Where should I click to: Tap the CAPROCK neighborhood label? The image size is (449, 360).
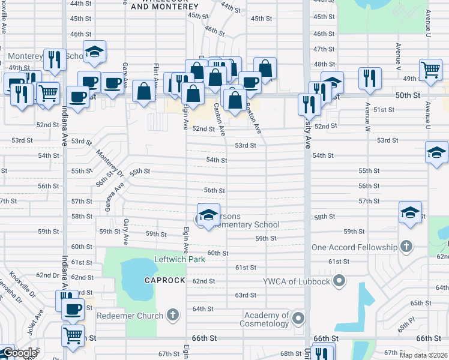(x=164, y=281)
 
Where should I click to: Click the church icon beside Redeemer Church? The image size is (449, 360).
(x=173, y=314)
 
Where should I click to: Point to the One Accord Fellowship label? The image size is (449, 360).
(x=354, y=247)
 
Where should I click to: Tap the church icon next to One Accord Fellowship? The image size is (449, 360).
(x=406, y=247)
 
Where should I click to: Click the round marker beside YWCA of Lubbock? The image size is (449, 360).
(x=340, y=280)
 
